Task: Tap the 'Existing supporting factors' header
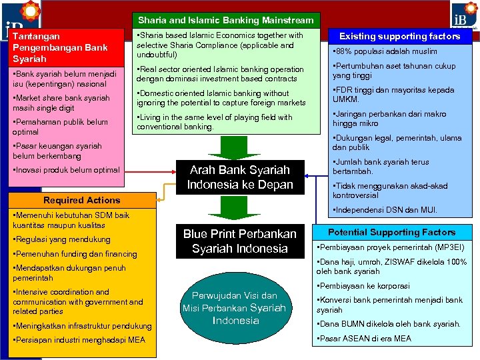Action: [399, 36]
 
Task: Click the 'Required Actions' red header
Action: [81, 200]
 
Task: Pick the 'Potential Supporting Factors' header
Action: [392, 232]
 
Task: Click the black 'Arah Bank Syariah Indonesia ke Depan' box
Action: [240, 177]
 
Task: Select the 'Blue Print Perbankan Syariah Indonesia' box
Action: [240, 241]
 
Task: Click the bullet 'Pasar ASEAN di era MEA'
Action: [364, 338]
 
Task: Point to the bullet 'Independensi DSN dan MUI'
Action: [385, 210]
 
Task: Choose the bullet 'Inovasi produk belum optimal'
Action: [66, 170]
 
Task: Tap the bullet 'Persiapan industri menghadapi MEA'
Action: [79, 341]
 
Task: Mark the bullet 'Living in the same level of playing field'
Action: [215, 122]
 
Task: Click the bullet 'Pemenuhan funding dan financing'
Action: [75, 254]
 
